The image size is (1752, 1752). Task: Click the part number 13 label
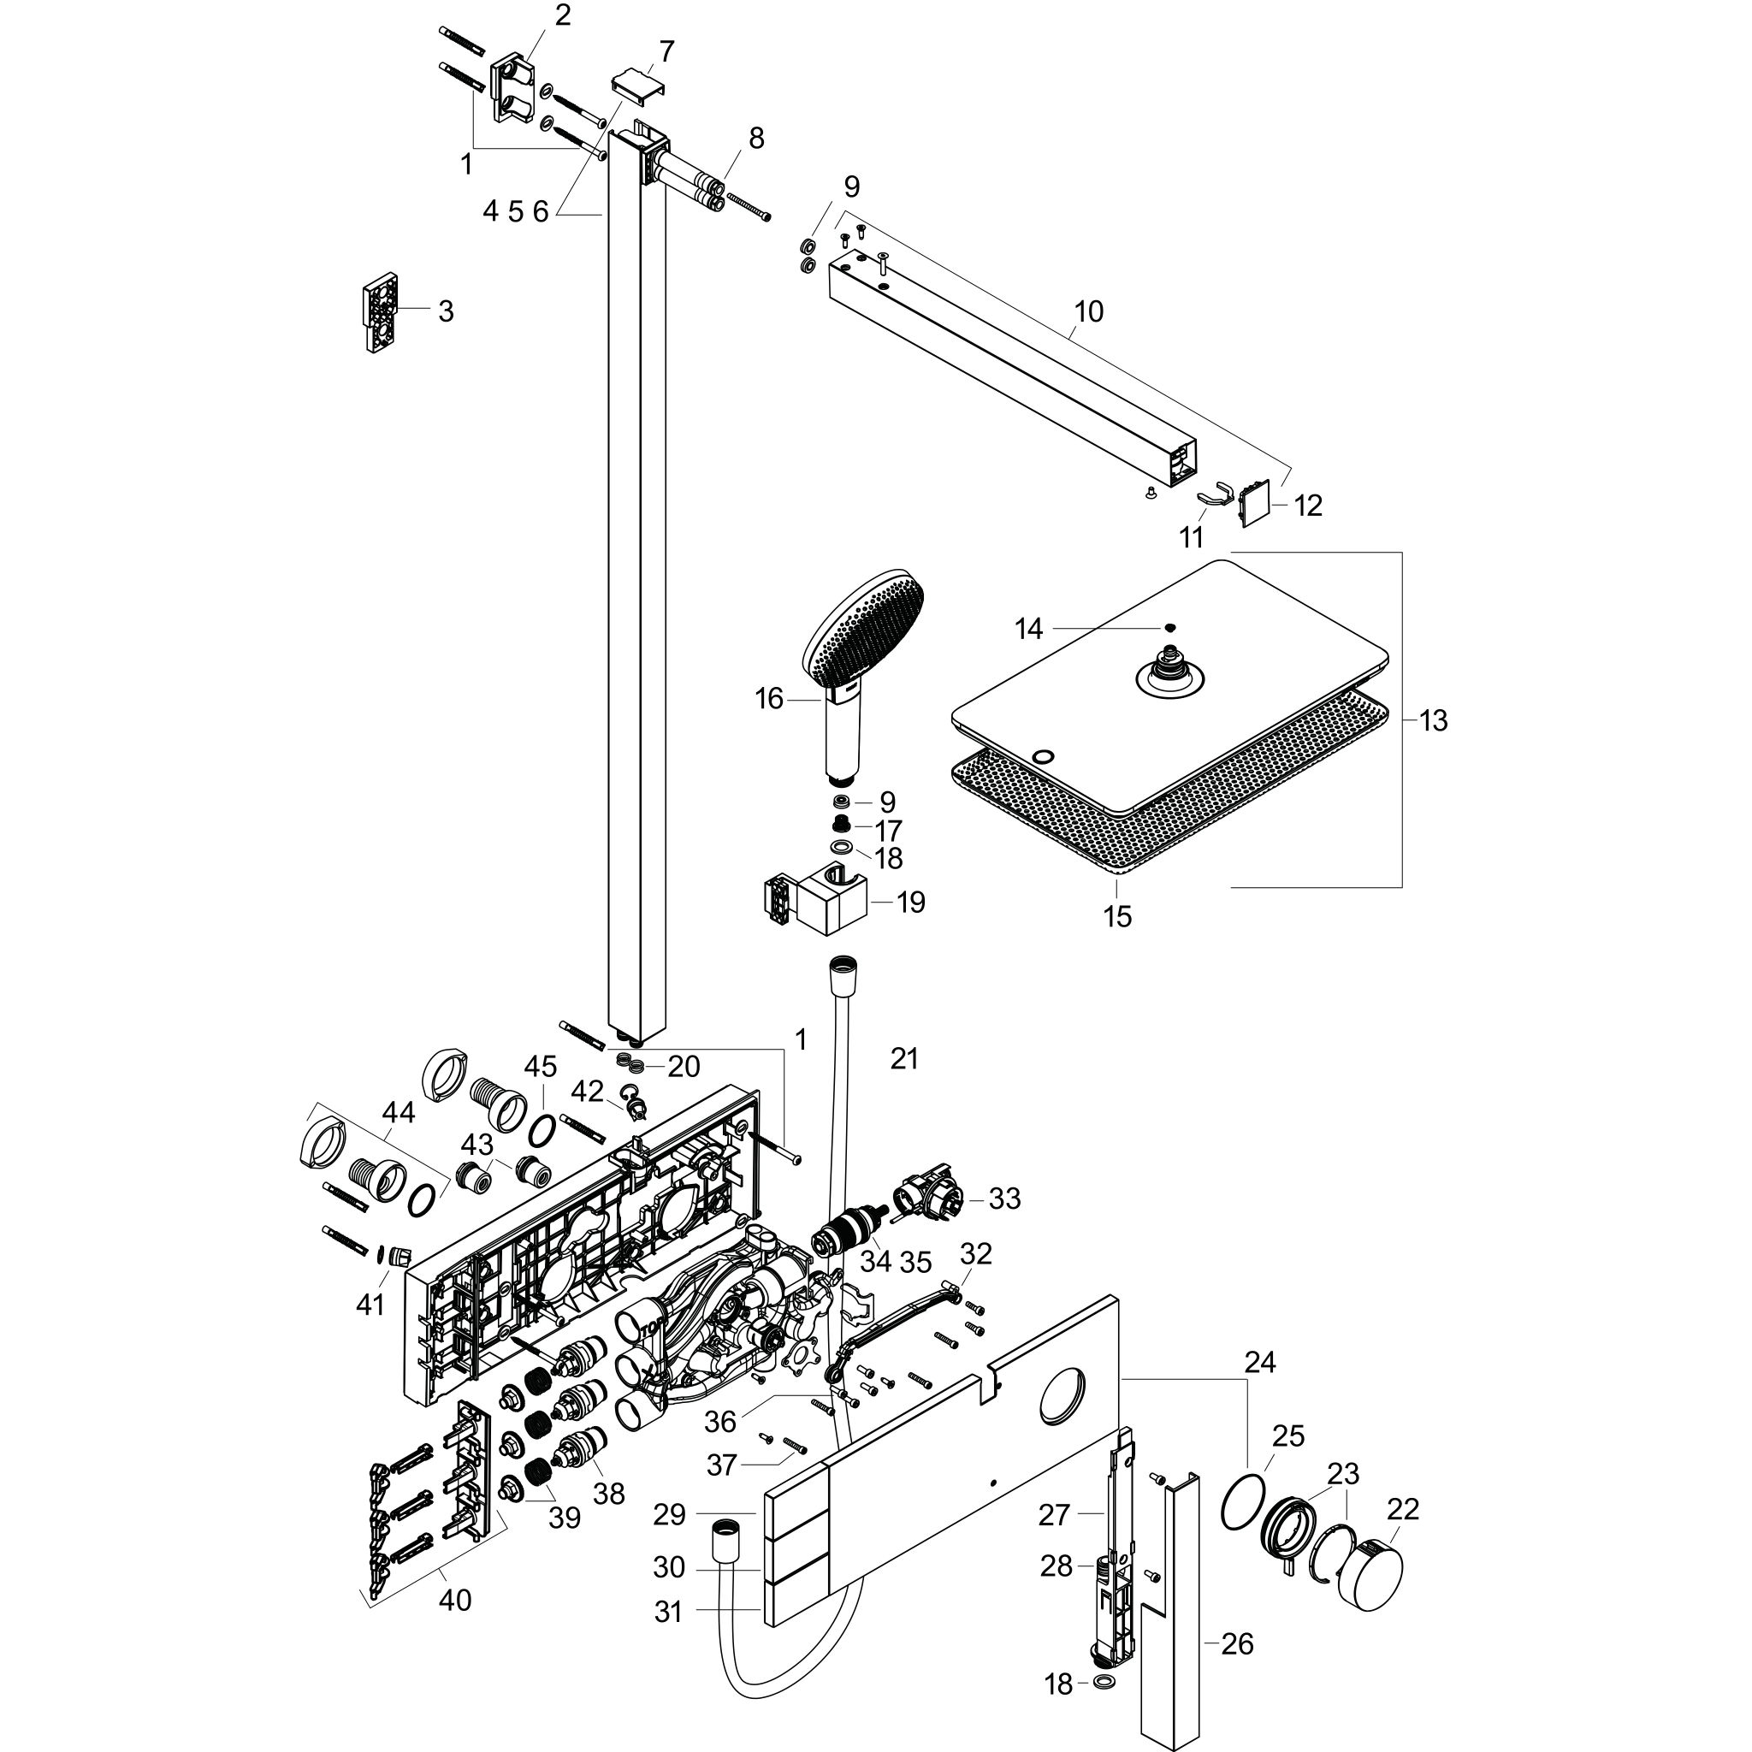click(1434, 721)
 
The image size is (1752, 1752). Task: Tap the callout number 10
click(1088, 311)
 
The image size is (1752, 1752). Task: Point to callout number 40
click(455, 1601)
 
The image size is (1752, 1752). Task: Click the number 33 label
click(1005, 1199)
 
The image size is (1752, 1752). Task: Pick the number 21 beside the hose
click(904, 1058)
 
